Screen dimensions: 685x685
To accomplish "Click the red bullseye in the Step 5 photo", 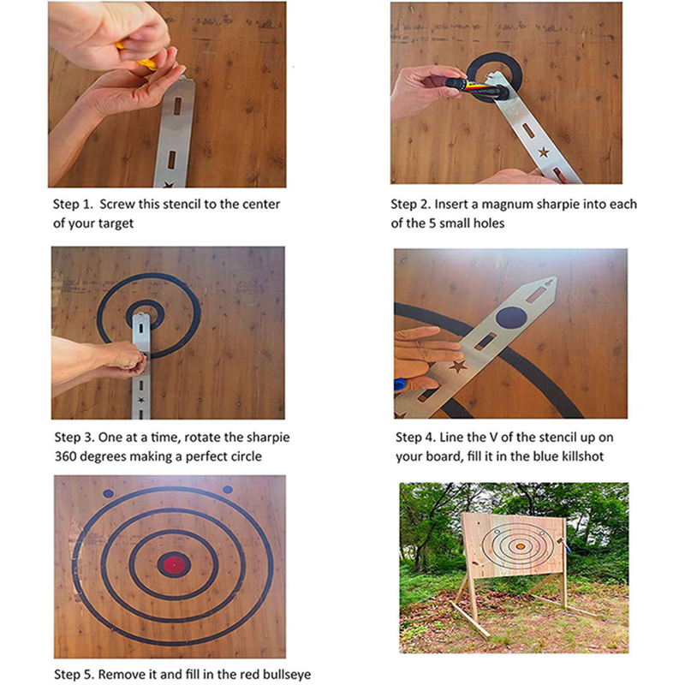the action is tap(174, 565).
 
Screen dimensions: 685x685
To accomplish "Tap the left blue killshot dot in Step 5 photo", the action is tap(109, 494).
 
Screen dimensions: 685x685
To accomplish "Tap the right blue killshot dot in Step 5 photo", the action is tap(228, 490).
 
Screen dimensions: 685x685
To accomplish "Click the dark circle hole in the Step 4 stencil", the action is tap(511, 317).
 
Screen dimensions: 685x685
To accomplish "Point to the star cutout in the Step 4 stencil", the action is tap(457, 366).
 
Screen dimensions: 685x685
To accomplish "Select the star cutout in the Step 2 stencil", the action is tap(544, 152).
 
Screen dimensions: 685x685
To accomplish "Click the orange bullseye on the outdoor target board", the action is tap(521, 546).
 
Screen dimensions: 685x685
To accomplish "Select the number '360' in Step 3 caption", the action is tap(66, 456).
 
